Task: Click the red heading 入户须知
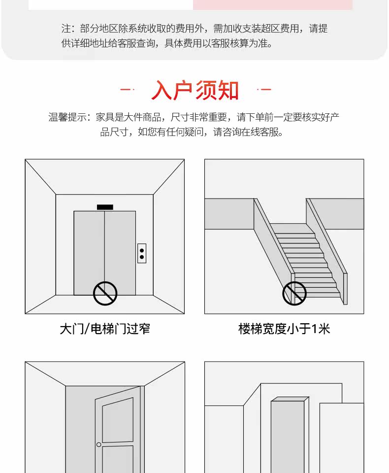tap(195, 90)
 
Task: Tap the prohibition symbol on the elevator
tap(105, 294)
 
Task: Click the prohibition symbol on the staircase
tap(294, 294)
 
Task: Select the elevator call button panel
tap(142, 253)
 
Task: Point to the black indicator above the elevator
tap(105, 207)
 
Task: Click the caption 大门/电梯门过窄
tap(104, 329)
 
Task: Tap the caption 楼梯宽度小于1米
tap(284, 329)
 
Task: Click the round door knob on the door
tap(98, 444)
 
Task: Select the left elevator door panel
tap(89, 251)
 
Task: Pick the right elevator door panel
tap(120, 251)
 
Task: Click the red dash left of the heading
tap(127, 90)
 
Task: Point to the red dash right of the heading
tap(264, 90)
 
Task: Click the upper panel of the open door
tap(117, 420)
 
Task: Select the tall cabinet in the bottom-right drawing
tap(288, 436)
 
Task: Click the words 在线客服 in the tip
tap(259, 132)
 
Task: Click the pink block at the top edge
tap(272, 4)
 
